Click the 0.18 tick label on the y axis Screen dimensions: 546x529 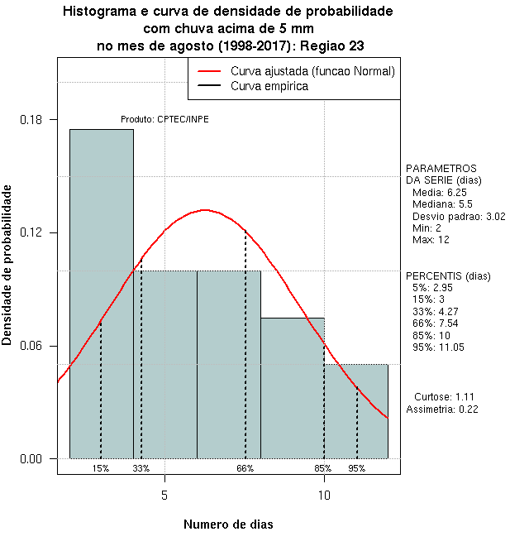point(31,119)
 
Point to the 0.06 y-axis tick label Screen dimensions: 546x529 point(31,346)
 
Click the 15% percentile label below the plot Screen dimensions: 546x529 point(101,468)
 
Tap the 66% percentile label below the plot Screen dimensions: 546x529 point(245,468)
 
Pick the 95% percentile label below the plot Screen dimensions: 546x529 point(357,468)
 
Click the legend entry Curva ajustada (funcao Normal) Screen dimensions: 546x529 point(312,71)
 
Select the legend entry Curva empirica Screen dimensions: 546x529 point(269,86)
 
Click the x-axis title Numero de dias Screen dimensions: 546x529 point(228,524)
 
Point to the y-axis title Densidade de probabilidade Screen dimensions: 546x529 point(8,265)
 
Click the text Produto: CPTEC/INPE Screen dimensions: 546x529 point(164,119)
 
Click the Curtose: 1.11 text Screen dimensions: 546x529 point(444,396)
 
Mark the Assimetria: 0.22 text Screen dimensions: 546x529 point(442,409)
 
